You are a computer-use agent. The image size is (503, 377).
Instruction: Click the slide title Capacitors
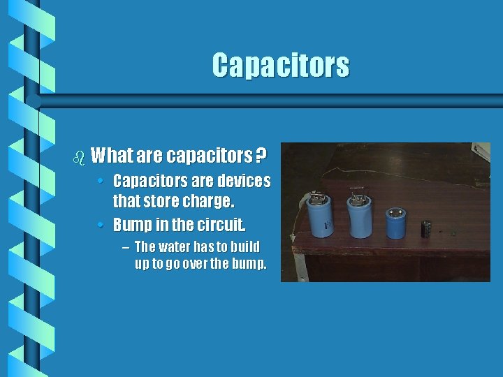click(280, 66)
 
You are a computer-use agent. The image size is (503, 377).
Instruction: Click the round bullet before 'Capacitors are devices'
click(102, 182)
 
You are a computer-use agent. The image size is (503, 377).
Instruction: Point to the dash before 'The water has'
click(124, 248)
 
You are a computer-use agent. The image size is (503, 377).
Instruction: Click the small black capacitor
click(425, 229)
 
